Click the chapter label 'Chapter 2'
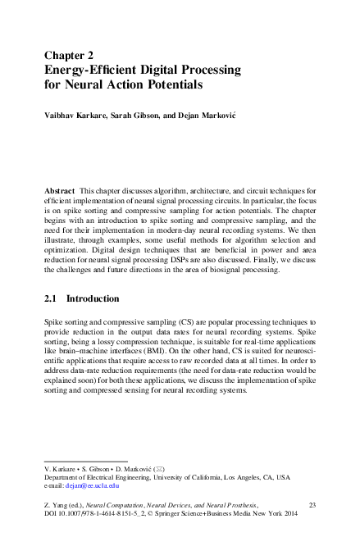coord(74,56)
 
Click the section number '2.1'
coord(51,299)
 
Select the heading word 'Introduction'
coord(93,299)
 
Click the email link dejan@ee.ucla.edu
coord(90,485)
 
